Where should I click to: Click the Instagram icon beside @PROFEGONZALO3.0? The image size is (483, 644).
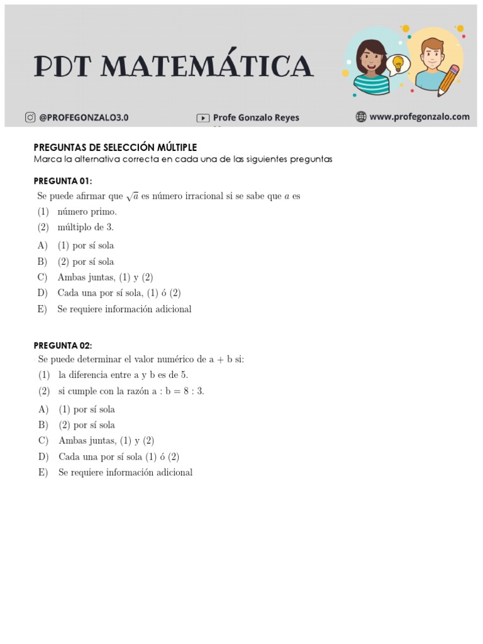30,117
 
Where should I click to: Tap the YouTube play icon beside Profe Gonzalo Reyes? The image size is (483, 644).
203,118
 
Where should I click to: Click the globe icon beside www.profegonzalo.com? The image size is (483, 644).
361,116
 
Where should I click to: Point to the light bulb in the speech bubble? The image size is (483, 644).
397,63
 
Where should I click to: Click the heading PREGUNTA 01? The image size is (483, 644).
63,181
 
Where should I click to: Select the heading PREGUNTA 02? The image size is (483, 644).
63,345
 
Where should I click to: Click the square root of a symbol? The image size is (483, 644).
132,196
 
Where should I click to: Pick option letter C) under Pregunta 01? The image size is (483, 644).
43,277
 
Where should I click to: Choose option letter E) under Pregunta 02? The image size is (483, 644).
43,472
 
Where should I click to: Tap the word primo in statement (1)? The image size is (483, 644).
105,212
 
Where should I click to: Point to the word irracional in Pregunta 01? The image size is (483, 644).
203,196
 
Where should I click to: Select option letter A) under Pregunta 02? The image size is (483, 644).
43,409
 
